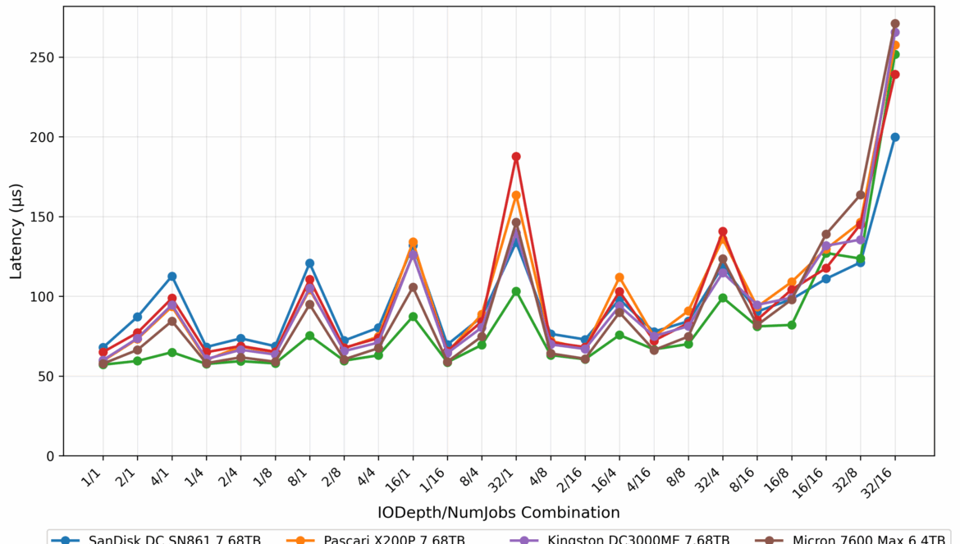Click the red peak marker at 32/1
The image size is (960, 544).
[x=516, y=157]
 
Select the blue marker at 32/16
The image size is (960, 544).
[x=895, y=137]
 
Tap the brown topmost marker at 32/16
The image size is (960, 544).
[x=895, y=24]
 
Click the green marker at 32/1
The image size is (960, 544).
[x=516, y=291]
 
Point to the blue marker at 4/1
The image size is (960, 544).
[x=171, y=277]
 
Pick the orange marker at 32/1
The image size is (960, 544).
[x=516, y=195]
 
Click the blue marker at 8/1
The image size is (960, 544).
[x=309, y=263]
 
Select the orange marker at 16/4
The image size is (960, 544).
[x=619, y=277]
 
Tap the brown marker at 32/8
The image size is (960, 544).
[x=861, y=195]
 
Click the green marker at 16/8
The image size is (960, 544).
[x=792, y=325]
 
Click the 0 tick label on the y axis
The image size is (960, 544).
[x=50, y=456]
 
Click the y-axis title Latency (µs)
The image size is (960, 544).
[x=16, y=231]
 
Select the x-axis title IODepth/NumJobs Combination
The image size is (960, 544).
[x=498, y=513]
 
